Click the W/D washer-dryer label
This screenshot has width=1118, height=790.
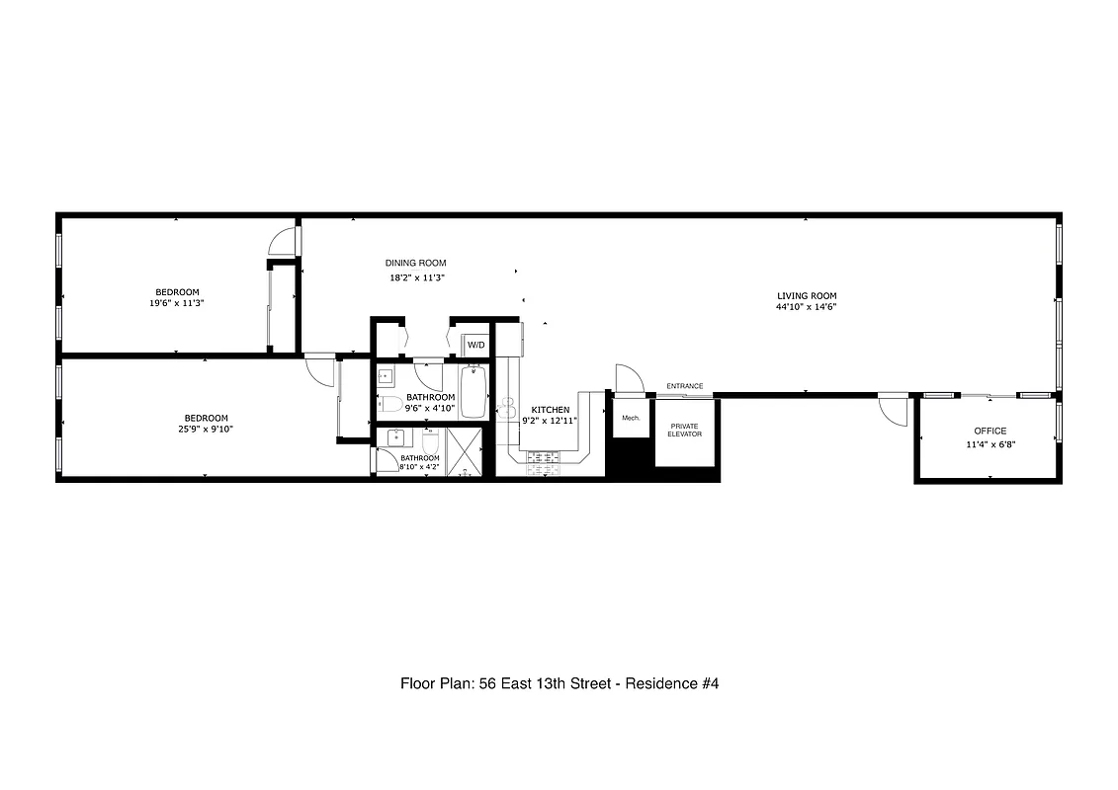[x=475, y=345]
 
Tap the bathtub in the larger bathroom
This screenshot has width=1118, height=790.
[x=473, y=395]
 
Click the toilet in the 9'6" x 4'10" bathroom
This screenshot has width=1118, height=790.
[x=389, y=404]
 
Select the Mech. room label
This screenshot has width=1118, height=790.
[x=630, y=418]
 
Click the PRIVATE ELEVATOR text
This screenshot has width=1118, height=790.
[x=684, y=430]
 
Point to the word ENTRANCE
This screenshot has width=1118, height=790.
[x=684, y=386]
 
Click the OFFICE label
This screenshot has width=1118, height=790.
[x=989, y=431]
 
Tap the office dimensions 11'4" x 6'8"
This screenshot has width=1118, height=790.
[x=989, y=445]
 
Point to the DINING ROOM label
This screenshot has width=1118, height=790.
[x=415, y=263]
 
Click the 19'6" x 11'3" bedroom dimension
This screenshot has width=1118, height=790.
[x=177, y=304]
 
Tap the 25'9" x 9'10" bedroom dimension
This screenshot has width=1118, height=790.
[x=206, y=430]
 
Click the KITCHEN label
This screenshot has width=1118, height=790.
[x=550, y=409]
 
